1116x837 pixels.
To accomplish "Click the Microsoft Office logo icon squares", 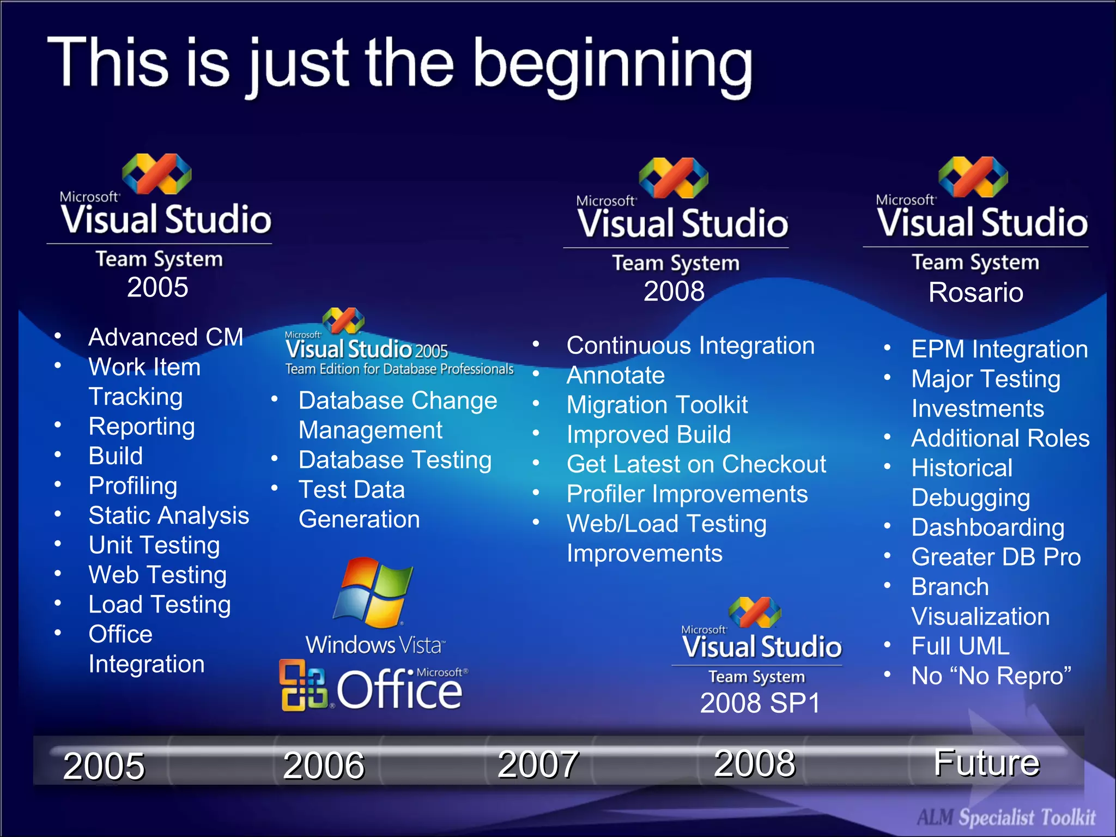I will pos(303,685).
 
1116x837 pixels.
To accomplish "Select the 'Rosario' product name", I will pos(975,293).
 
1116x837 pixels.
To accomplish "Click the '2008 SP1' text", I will pos(760,703).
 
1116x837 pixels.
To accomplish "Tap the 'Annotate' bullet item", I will pos(615,375).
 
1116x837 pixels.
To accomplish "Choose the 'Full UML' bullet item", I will pos(960,646).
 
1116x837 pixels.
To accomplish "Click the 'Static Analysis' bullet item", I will pos(168,515).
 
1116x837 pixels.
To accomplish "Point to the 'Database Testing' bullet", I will pos(395,460).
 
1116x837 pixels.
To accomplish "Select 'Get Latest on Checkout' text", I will pos(696,464).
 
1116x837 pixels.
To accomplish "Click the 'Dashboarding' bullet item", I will pos(987,527).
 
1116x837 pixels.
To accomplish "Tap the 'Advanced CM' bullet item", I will pos(166,337).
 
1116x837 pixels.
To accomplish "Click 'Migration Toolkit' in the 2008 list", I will pos(657,405).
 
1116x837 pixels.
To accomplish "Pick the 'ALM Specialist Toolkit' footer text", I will pos(1006,817).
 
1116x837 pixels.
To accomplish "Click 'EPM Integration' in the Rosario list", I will pos(999,349).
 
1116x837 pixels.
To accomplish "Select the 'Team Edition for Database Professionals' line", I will pos(399,369).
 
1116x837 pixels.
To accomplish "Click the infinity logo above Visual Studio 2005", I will pos(157,174).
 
